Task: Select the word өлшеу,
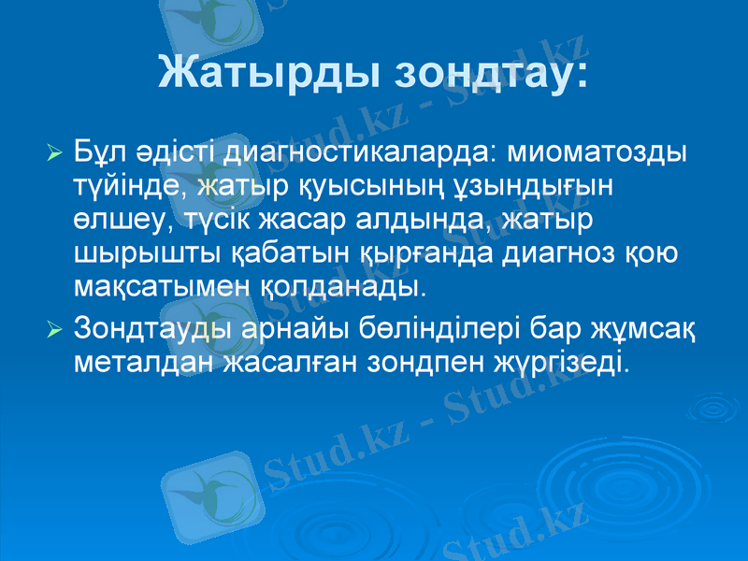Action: point(120,219)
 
